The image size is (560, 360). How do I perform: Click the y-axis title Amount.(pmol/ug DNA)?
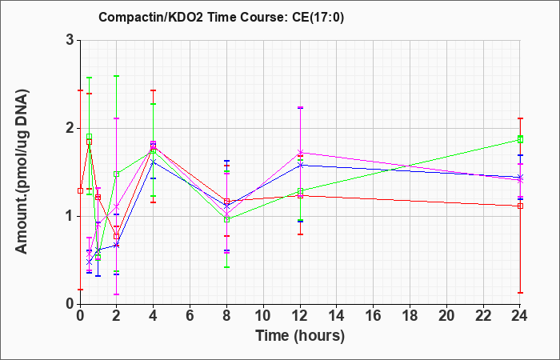click(x=22, y=171)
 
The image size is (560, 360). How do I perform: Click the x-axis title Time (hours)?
click(x=300, y=336)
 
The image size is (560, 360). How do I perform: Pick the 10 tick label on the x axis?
click(x=263, y=316)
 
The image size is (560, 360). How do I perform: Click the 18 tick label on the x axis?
click(x=410, y=316)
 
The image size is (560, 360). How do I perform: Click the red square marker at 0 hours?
click(x=80, y=190)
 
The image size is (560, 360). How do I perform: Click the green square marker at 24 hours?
click(x=520, y=139)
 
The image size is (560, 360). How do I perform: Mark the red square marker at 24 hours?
click(x=520, y=206)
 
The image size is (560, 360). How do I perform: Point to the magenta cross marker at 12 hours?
click(x=300, y=153)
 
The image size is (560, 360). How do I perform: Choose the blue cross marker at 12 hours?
click(x=300, y=165)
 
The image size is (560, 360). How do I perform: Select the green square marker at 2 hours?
click(x=117, y=174)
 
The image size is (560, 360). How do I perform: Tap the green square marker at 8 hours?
click(x=226, y=219)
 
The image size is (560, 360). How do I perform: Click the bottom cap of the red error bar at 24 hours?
click(x=520, y=293)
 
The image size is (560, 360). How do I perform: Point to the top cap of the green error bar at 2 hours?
click(x=117, y=76)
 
